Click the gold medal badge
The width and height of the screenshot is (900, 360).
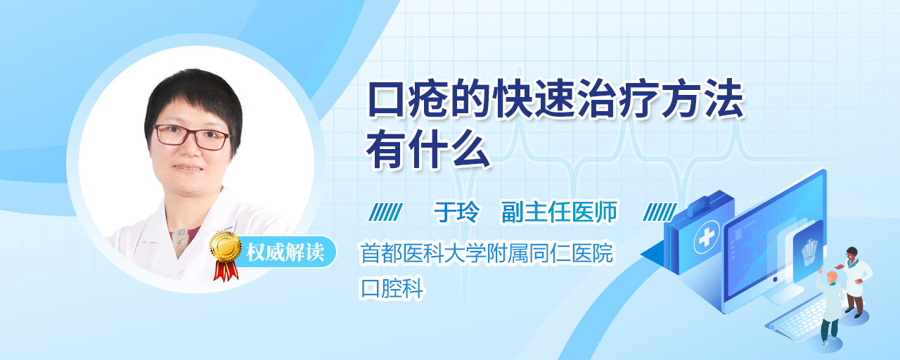pyautogui.click(x=226, y=247)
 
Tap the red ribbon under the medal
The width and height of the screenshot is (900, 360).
pyautogui.click(x=226, y=271)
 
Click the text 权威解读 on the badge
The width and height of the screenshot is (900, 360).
pyautogui.click(x=285, y=252)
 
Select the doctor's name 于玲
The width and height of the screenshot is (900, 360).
pyautogui.click(x=456, y=212)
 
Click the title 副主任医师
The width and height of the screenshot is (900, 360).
pyautogui.click(x=559, y=212)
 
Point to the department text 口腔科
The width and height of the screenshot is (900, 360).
pyautogui.click(x=392, y=288)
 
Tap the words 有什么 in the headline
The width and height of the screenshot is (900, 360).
pyautogui.click(x=428, y=149)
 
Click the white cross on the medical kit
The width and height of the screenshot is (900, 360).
pyautogui.click(x=707, y=238)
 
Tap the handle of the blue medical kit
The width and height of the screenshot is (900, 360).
pyautogui.click(x=709, y=204)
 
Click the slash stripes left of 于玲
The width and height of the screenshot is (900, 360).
pyautogui.click(x=386, y=212)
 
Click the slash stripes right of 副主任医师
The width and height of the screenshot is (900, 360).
pyautogui.click(x=660, y=212)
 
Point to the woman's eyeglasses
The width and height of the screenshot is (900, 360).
pyautogui.click(x=192, y=136)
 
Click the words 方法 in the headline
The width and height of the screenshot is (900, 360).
pyautogui.click(x=703, y=99)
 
